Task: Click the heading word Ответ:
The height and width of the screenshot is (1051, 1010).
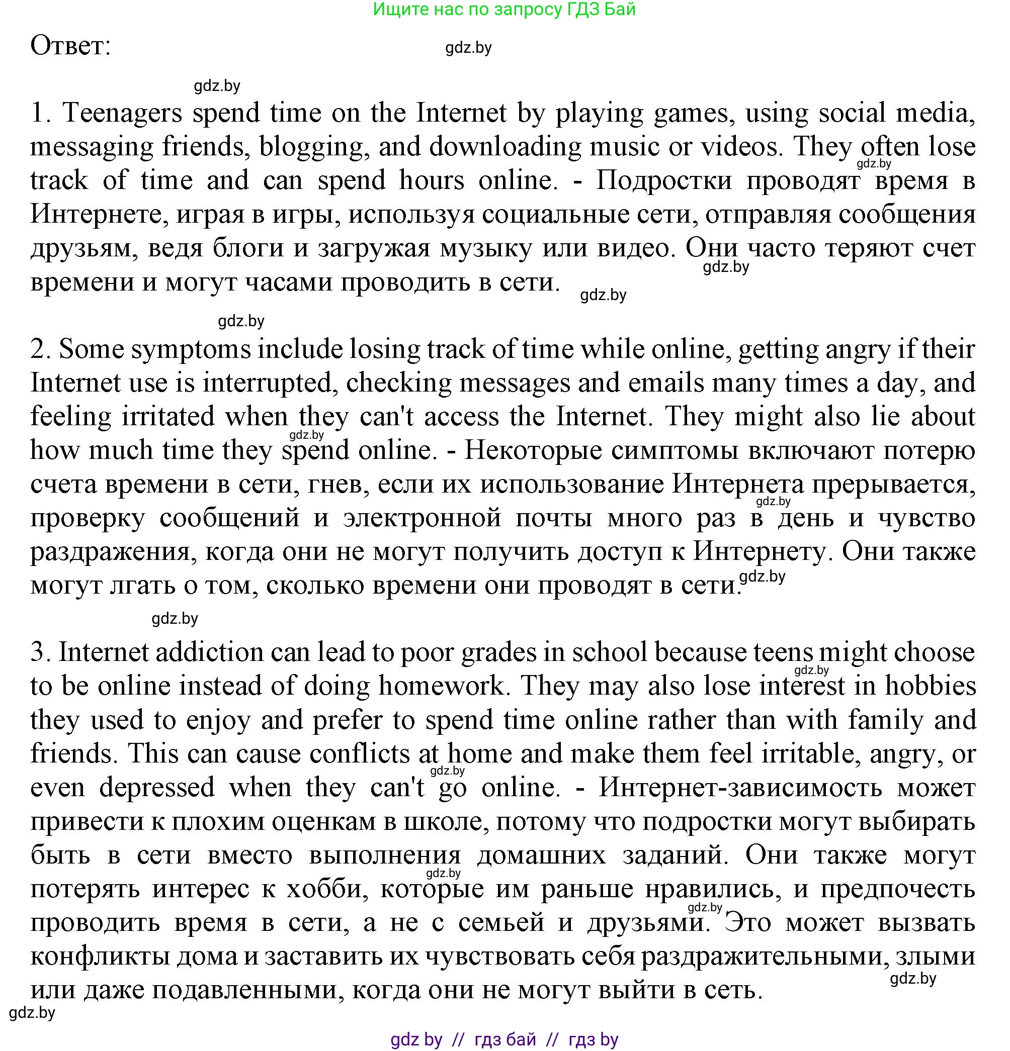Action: [x=70, y=46]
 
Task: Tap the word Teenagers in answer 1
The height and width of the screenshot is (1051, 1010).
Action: [x=122, y=114]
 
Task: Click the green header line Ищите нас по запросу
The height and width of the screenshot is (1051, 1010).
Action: [x=504, y=9]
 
